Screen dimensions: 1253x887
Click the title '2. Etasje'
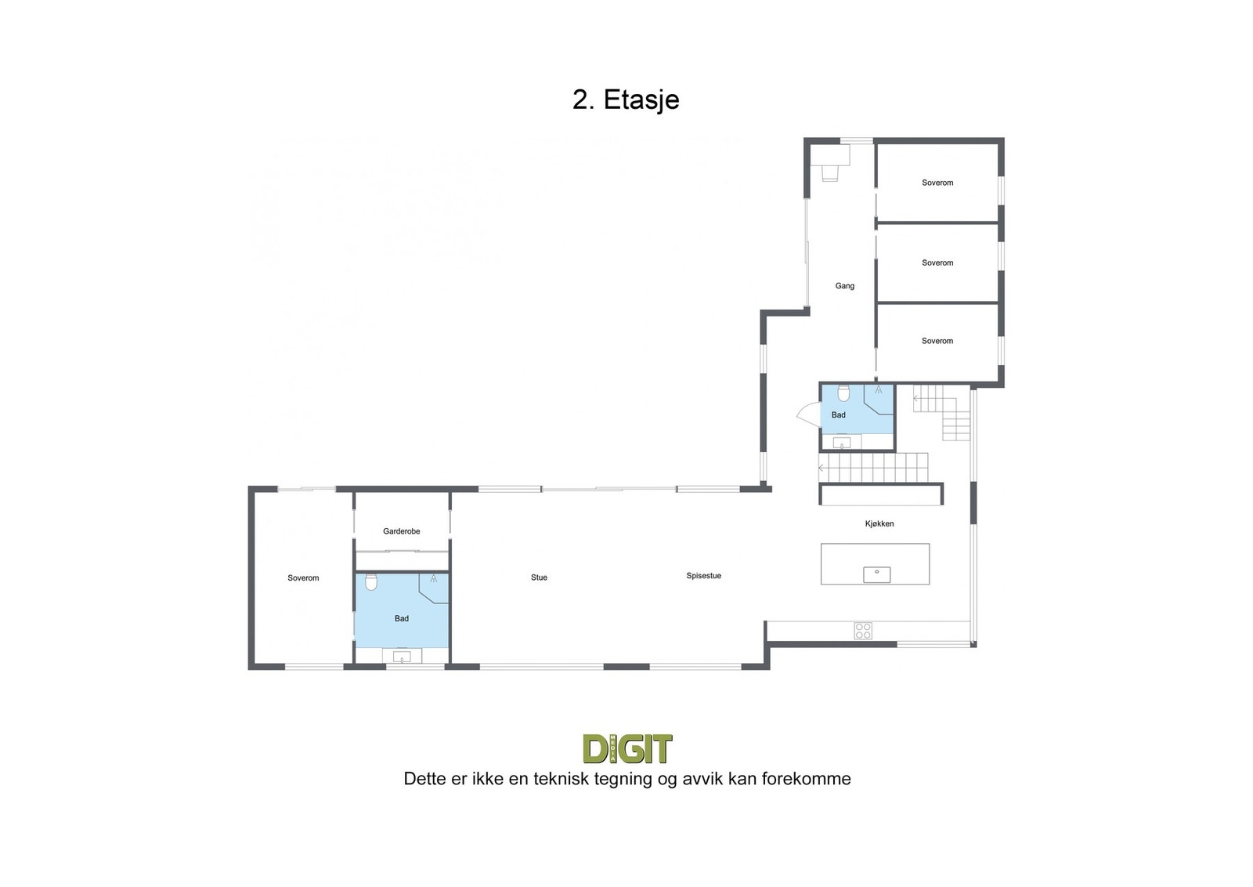[626, 100]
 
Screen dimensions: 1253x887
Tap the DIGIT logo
[627, 749]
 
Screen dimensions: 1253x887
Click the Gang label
[845, 286]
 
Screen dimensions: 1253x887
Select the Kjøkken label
[879, 523]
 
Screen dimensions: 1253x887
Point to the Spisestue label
[704, 576]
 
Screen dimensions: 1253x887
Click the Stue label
[540, 577]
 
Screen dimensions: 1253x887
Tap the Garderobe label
[402, 531]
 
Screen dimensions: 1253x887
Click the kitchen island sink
[876, 574]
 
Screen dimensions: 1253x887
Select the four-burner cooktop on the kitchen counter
[862, 631]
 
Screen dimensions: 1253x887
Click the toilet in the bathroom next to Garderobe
[371, 582]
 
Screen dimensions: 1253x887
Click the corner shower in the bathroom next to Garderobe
[434, 588]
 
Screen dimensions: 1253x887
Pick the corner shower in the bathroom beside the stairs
[879, 399]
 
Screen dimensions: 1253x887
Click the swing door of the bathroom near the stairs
[808, 416]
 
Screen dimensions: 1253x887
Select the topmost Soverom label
[937, 183]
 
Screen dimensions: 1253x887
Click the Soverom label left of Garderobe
[303, 578]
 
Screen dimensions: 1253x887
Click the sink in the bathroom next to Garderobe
[402, 657]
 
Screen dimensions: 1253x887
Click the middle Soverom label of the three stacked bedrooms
[937, 263]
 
